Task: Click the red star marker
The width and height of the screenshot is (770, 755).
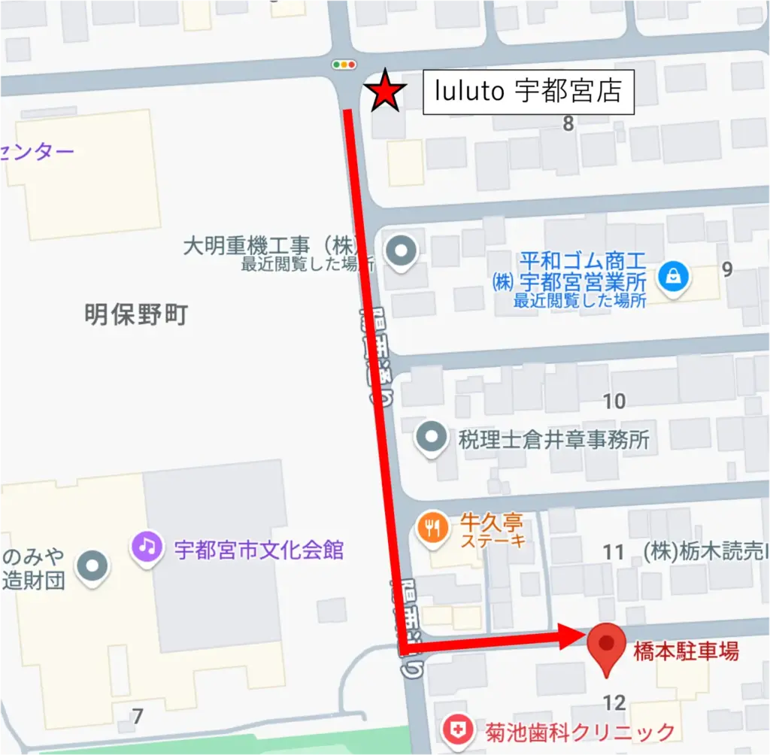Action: coord(386,91)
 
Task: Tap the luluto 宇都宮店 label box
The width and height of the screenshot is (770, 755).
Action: coord(528,93)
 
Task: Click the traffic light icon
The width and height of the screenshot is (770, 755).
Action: coord(344,65)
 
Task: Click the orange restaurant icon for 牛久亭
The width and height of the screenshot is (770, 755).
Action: coord(432,529)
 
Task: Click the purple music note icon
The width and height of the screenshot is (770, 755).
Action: coord(147,546)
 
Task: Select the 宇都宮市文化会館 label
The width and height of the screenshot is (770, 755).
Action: coord(259,550)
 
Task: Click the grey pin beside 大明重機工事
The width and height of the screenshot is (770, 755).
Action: coord(400,251)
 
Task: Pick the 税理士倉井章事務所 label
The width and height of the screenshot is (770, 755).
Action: coord(553,439)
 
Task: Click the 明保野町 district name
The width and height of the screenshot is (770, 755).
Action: coord(136,315)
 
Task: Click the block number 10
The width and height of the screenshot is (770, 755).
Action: coord(614,401)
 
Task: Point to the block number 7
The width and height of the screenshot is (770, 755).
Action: coord(137,717)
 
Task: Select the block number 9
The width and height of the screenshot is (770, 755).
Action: coord(726,269)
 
